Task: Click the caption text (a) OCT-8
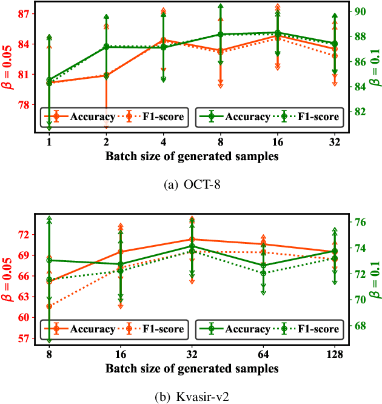coord(191,184)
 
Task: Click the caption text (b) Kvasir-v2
coord(191,398)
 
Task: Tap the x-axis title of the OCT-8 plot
coord(191,156)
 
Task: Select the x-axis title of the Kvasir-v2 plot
coord(191,368)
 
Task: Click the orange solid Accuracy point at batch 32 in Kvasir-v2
coord(192,240)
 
